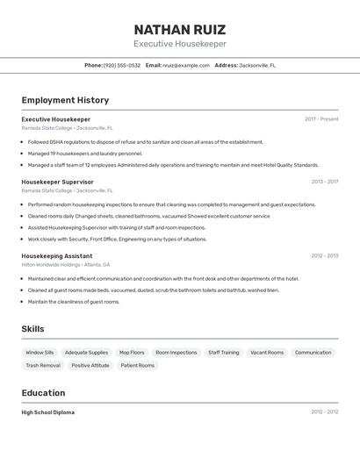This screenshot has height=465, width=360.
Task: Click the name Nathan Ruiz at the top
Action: click(x=179, y=29)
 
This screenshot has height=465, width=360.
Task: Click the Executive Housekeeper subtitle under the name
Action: click(x=179, y=44)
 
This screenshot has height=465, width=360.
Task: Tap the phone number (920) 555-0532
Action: click(x=122, y=66)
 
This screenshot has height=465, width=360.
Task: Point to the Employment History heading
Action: click(x=65, y=100)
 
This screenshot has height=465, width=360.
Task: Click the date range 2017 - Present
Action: click(x=321, y=119)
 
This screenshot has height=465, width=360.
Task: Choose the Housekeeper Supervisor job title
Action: click(x=57, y=182)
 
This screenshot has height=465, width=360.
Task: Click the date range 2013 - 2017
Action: click(x=324, y=182)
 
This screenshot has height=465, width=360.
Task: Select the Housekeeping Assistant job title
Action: click(x=57, y=256)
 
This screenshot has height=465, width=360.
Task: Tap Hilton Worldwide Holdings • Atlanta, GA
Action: click(x=66, y=265)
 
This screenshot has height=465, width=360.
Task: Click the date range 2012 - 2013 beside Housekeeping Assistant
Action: click(x=324, y=256)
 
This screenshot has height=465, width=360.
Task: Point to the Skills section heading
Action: click(x=33, y=329)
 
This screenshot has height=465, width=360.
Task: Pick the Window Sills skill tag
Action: click(x=40, y=353)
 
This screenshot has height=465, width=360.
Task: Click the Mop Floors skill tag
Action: click(x=132, y=353)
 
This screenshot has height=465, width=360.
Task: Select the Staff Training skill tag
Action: click(x=223, y=353)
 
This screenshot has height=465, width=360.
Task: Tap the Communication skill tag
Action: click(x=313, y=353)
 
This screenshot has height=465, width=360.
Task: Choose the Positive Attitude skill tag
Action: click(x=90, y=366)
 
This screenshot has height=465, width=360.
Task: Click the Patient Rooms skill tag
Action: click(x=138, y=366)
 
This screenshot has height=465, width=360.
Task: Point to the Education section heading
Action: click(x=43, y=393)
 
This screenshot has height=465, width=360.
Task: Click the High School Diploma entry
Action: click(x=48, y=412)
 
